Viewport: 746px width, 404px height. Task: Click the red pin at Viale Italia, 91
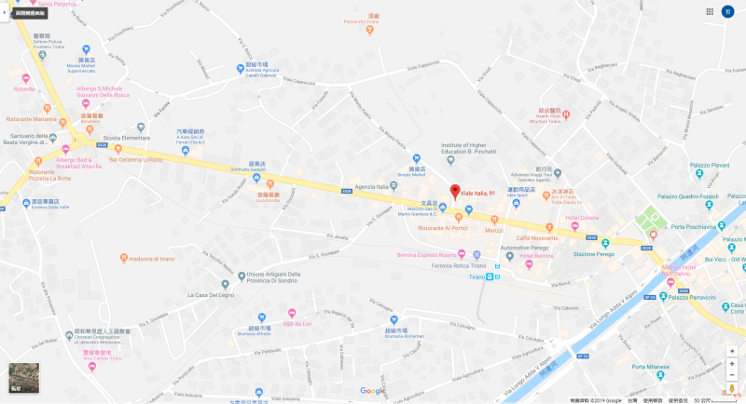(x=454, y=191)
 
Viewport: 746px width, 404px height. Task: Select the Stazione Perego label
(x=596, y=253)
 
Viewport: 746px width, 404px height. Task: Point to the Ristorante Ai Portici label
(x=442, y=228)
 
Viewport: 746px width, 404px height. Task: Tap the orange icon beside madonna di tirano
(x=123, y=258)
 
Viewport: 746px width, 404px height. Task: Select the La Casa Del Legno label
(x=211, y=295)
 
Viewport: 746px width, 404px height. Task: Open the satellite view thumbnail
(x=23, y=376)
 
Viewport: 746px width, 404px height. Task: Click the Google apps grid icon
(x=710, y=12)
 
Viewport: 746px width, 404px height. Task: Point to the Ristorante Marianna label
(x=32, y=119)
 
